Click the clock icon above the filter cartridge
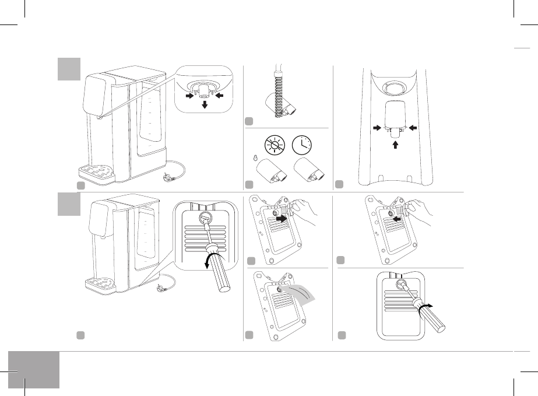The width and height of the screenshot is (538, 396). click(x=304, y=143)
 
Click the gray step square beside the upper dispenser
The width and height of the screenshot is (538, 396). click(x=69, y=69)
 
